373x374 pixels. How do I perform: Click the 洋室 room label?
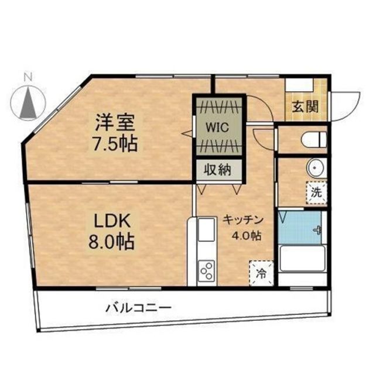[115, 123]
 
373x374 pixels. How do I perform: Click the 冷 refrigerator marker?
[261, 271]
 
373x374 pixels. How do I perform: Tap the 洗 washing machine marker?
[316, 191]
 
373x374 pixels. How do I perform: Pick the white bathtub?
[302, 259]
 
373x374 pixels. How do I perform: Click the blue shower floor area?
[299, 227]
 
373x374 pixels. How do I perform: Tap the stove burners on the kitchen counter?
[207, 271]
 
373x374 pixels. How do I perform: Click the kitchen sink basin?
[207, 230]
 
